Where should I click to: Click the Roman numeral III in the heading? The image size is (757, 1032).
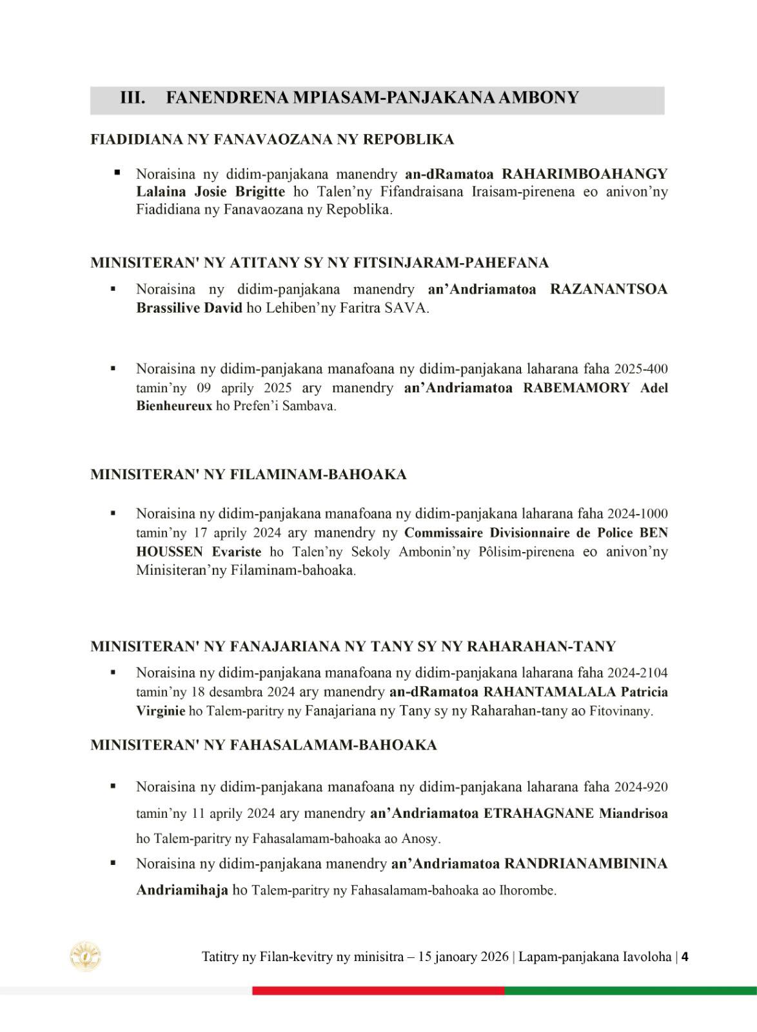point(132,98)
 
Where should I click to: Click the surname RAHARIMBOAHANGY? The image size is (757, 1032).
point(585,174)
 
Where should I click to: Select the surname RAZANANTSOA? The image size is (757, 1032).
point(609,290)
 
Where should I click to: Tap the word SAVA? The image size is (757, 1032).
point(406,308)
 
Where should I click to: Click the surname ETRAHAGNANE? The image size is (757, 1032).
point(538,813)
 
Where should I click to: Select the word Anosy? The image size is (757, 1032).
point(420,839)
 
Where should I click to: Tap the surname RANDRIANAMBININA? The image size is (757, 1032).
point(585,864)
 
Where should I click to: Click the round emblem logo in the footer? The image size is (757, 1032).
point(86,956)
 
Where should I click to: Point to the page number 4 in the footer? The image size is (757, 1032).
point(685,957)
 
